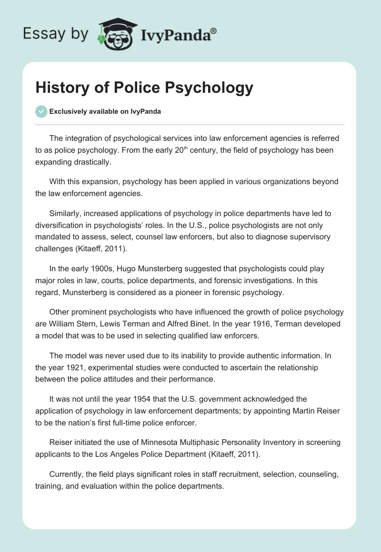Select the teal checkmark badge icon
point(41,111)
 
